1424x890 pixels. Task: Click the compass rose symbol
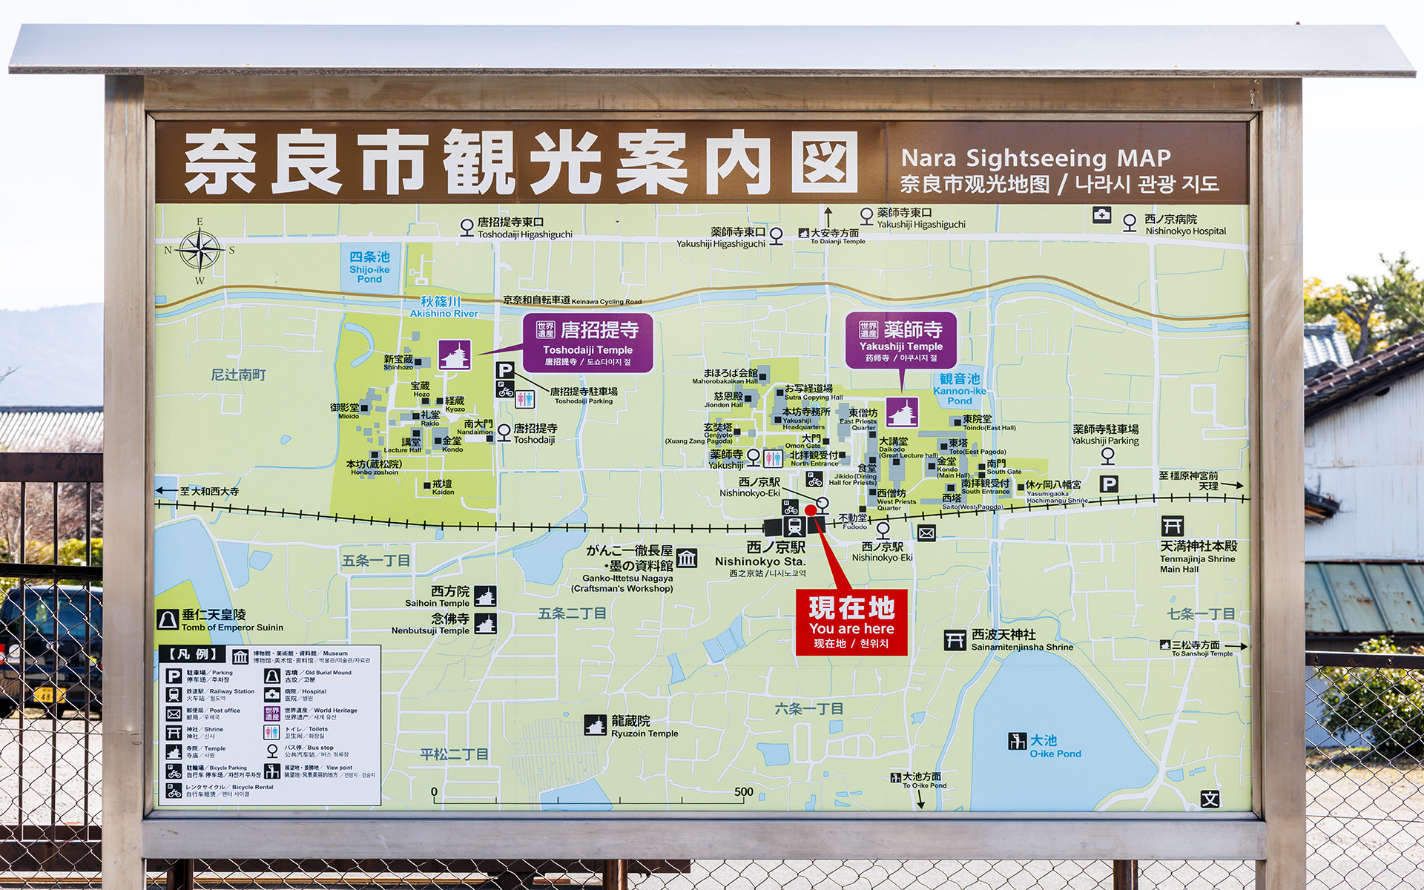[x=200, y=251]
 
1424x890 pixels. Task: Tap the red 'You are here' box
[x=851, y=622]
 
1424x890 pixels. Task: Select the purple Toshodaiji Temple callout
[x=587, y=343]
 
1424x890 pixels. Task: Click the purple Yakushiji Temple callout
[x=901, y=340]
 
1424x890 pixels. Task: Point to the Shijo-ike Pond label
[x=369, y=267]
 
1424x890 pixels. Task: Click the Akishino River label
[x=444, y=307]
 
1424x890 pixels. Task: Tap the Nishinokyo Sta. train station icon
[x=794, y=527]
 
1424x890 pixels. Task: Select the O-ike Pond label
[x=1055, y=747]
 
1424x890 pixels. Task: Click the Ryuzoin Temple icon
[x=595, y=725]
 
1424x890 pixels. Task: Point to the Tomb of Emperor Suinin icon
[x=168, y=620]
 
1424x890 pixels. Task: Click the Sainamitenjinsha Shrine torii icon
[x=955, y=640]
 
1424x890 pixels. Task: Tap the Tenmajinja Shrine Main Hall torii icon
[x=1172, y=527]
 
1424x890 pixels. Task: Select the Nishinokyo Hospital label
[x=1184, y=225]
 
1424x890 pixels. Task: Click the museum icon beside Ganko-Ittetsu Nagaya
[x=687, y=558]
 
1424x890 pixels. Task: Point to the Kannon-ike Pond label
[x=960, y=389]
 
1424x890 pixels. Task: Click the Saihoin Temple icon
[x=485, y=596]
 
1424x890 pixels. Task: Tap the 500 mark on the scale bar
[x=744, y=792]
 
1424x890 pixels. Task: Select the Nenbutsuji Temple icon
[x=485, y=624]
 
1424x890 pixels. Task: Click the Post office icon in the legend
[x=174, y=713]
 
